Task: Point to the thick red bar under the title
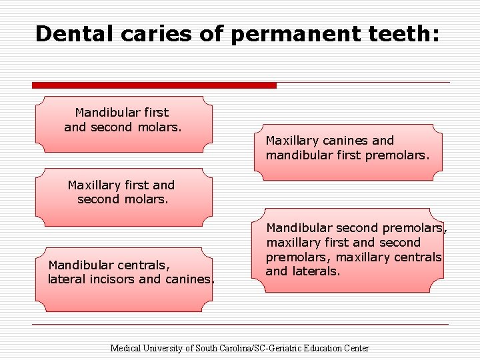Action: point(154,85)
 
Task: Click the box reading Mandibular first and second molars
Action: point(124,120)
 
